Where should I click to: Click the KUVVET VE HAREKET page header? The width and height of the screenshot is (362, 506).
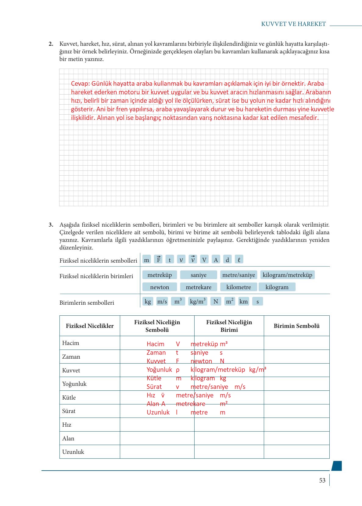coord(293,24)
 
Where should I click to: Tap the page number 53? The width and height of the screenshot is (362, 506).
coord(322,480)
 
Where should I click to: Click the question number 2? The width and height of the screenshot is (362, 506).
coord(51,44)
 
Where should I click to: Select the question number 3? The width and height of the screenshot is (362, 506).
coord(51,225)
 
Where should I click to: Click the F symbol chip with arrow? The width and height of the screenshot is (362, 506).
coord(158,260)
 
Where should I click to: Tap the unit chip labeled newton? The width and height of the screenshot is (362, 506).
coord(159,287)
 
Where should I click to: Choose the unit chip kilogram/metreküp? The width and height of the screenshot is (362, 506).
coord(287,275)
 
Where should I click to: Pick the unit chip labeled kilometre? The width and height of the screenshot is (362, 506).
coord(238,287)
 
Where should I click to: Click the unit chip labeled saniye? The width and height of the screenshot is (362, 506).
coord(199,275)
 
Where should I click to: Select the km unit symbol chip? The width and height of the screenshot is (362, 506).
coord(243,301)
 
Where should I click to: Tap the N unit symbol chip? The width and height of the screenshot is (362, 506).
coord(216,301)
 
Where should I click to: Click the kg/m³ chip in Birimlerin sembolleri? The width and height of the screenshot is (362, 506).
coord(198,301)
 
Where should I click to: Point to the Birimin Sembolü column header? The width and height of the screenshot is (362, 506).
coord(296,326)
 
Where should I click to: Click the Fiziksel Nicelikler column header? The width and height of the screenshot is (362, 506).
coord(90,326)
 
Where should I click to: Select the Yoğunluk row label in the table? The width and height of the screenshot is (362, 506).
coord(74,384)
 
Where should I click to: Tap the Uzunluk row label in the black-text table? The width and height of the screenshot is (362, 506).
coord(73,452)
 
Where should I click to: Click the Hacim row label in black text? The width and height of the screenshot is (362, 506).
coord(71,343)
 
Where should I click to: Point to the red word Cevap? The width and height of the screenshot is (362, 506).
coord(80,84)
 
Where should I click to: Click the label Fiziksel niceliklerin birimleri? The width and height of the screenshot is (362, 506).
coord(96,276)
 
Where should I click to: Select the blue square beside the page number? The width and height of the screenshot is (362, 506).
coord(336,466)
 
